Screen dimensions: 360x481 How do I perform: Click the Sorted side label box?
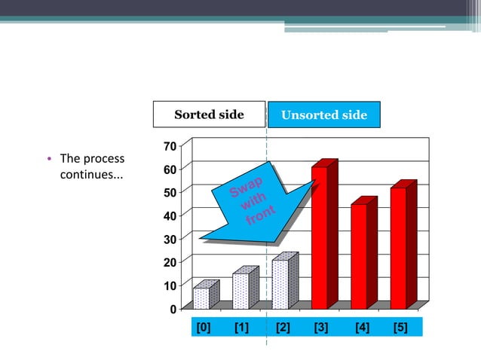click(x=210, y=114)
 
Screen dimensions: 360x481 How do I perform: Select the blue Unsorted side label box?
click(x=324, y=115)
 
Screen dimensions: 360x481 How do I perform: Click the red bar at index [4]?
click(x=360, y=256)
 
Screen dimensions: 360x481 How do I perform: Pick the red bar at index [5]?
click(x=399, y=248)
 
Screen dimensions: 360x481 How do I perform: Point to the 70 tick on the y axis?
click(x=170, y=145)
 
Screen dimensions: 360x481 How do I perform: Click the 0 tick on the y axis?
click(x=173, y=309)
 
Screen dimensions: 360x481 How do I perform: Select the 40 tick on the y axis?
click(x=170, y=215)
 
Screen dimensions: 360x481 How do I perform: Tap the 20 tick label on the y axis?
click(x=170, y=262)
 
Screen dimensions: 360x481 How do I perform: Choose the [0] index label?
click(x=203, y=327)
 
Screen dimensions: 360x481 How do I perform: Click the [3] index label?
click(x=321, y=327)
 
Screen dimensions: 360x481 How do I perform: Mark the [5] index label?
click(x=400, y=327)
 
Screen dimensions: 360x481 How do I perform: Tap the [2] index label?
click(x=283, y=327)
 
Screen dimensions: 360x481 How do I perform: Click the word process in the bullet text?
click(x=104, y=159)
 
